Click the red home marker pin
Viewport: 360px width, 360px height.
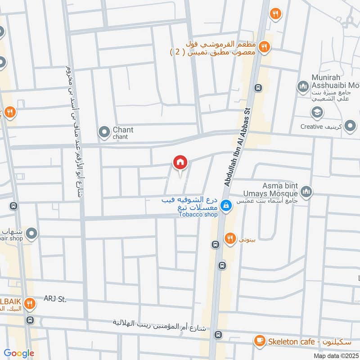point(180,162)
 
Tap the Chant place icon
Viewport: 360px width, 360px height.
point(104,132)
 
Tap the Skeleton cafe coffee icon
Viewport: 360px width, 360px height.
point(260,341)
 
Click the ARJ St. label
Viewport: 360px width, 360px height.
point(55,299)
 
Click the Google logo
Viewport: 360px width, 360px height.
point(19,353)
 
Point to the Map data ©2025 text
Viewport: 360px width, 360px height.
point(335,356)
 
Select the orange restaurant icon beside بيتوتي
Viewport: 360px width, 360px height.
point(230,238)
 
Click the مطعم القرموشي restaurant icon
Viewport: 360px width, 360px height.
point(265,45)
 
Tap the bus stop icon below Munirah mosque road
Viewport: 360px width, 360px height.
point(258,87)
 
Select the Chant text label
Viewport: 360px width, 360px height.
point(123,130)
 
